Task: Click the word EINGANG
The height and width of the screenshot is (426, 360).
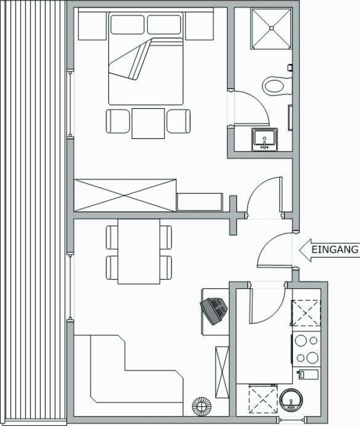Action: (335, 250)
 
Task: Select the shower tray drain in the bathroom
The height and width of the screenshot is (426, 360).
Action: (271, 28)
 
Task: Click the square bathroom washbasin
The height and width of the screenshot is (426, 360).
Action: (264, 140)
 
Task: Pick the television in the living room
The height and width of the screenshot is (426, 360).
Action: (214, 310)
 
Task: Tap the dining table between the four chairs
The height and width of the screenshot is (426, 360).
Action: (138, 251)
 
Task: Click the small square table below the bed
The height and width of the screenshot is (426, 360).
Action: (148, 124)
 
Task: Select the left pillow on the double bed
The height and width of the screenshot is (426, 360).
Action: (127, 25)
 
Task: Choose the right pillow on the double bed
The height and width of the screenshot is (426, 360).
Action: (164, 25)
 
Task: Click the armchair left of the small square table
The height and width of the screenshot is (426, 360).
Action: (118, 121)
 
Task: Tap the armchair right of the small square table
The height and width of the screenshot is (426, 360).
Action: (178, 121)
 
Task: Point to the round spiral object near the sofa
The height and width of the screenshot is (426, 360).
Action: (202, 407)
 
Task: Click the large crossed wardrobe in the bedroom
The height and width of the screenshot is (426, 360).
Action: (125, 195)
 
